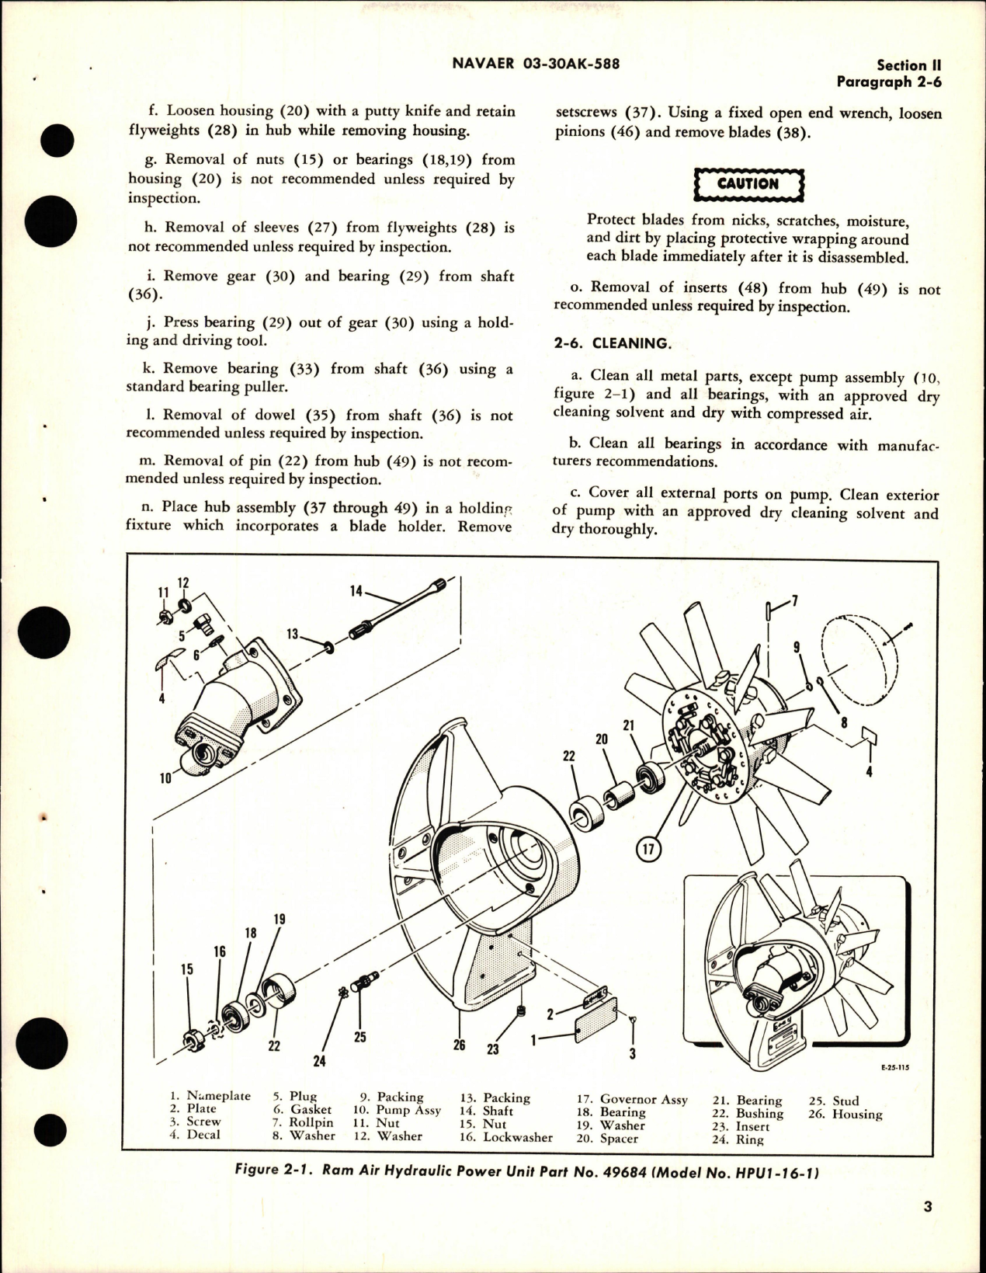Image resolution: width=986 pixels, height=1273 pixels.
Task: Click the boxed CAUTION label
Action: [x=748, y=184]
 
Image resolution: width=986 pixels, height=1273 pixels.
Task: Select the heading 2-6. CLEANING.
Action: [x=610, y=343]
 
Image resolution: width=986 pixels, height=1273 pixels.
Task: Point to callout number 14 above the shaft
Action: [x=357, y=590]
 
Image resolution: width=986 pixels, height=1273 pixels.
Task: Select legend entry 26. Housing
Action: [x=846, y=1114]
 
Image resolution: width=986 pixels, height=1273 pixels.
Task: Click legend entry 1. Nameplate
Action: [x=210, y=1096]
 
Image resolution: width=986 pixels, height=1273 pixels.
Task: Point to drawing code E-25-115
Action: [x=894, y=1068]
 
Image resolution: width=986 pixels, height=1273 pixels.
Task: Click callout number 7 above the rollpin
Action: [x=793, y=600]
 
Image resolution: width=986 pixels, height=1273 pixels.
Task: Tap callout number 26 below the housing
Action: [x=459, y=1045]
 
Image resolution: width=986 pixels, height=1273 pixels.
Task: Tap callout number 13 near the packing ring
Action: [x=293, y=634]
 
